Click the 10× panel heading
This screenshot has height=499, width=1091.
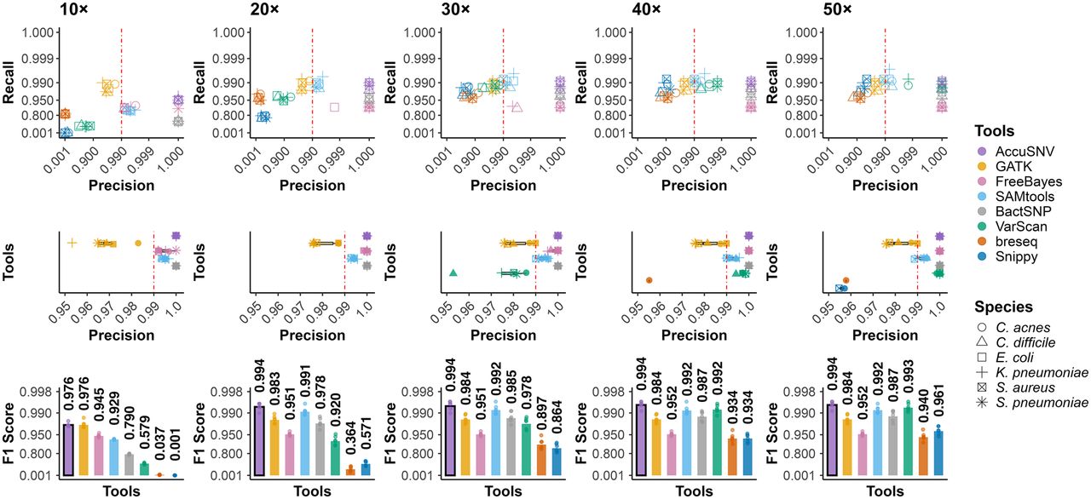(x=74, y=9)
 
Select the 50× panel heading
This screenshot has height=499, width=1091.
(x=838, y=9)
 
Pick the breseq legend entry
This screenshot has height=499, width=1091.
(x=1007, y=242)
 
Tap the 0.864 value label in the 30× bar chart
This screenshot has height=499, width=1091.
(x=557, y=416)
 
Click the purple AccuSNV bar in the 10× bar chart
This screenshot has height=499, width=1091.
(x=69, y=450)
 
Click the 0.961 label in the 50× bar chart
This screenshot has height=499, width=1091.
(x=938, y=400)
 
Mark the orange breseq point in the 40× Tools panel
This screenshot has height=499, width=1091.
(x=649, y=280)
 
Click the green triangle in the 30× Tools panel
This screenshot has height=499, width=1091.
(x=453, y=272)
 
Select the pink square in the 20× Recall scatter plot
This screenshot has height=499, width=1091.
(x=334, y=107)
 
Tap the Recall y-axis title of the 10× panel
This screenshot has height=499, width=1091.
(x=9, y=83)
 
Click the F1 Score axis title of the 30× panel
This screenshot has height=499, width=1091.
(x=390, y=433)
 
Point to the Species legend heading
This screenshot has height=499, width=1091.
(x=1003, y=307)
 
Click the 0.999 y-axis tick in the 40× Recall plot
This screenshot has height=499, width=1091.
(x=611, y=59)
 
